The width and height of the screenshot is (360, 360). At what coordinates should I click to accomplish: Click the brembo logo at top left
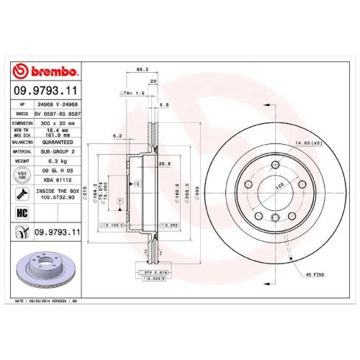[45, 72]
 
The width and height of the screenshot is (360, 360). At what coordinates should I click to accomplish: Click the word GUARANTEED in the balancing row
[55, 142]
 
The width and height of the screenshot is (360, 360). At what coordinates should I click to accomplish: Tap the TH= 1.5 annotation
[132, 94]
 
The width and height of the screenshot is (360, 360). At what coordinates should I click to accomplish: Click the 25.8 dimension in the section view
[164, 163]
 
